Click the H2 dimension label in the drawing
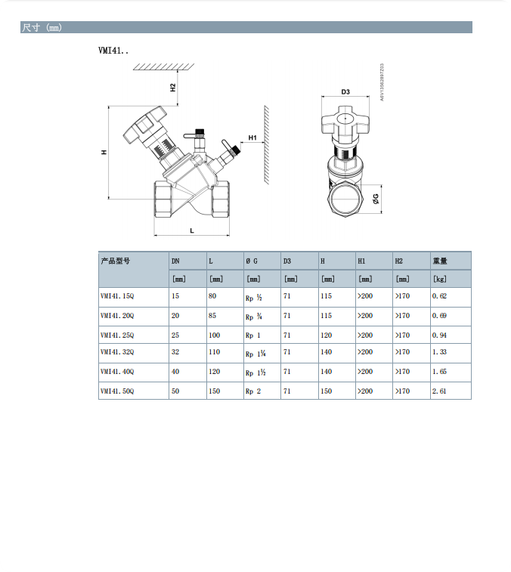[x=172, y=87]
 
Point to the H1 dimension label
[x=253, y=138]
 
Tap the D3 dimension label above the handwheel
[x=345, y=91]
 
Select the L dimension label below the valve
[x=191, y=230]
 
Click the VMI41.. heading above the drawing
[x=113, y=51]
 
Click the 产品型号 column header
[x=116, y=261]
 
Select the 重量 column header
[x=440, y=261]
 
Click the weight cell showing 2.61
[x=439, y=391]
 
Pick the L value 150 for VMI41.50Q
[x=215, y=391]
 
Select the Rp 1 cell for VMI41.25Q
[x=252, y=335]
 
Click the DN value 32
[x=175, y=351]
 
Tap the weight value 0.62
[x=439, y=296]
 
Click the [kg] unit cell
[x=438, y=280]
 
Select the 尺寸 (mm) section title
[x=42, y=28]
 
